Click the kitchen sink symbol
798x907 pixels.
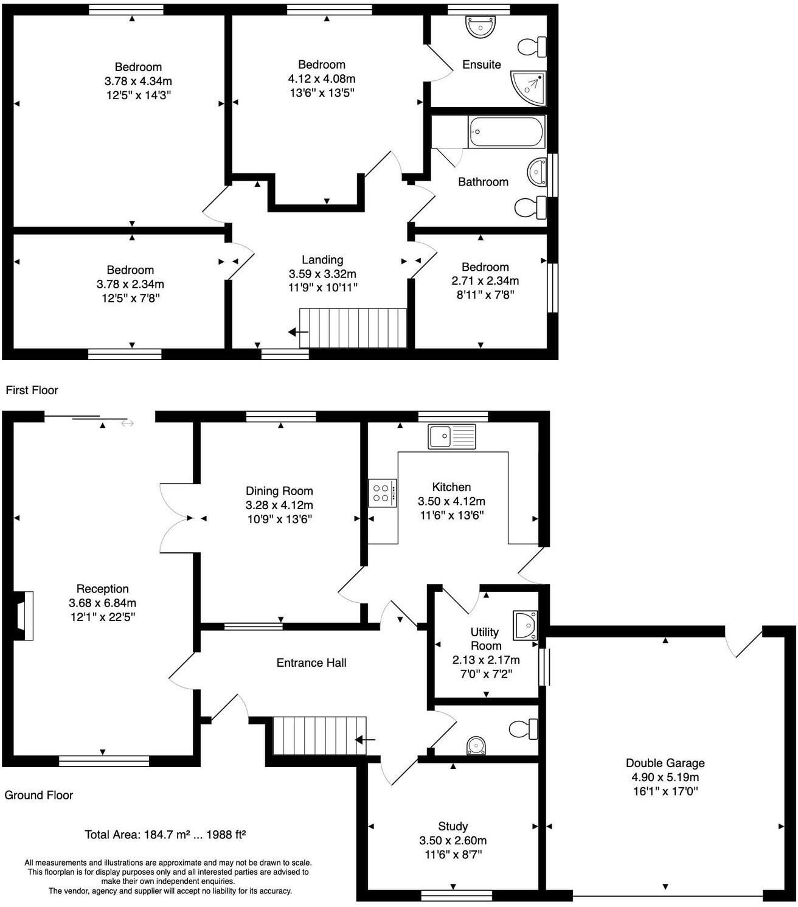coord(451,436)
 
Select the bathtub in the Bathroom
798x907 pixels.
coord(506,132)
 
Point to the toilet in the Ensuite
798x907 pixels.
coord(532,46)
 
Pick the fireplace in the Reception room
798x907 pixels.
coord(24,616)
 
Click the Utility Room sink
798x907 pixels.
coord(526,625)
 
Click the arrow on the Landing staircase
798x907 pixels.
coord(298,332)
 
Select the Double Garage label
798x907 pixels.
coord(665,763)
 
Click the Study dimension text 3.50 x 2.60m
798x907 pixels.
coord(453,841)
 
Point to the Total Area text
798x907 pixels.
coord(165,835)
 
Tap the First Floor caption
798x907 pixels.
coord(32,390)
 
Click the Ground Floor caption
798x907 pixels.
coord(38,795)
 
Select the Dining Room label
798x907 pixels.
coord(279,491)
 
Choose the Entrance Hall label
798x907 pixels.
coord(311,662)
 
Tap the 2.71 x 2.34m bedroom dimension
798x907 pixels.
coord(485,281)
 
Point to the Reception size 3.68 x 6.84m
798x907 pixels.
coord(102,603)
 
